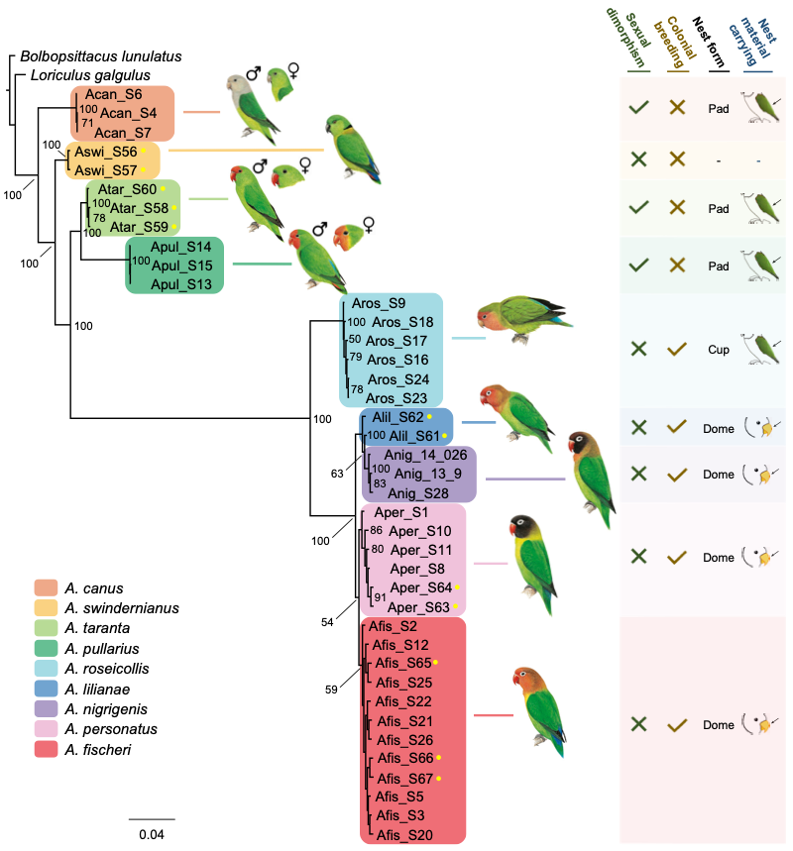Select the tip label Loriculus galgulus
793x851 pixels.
click(x=90, y=75)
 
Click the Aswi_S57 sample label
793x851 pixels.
click(x=104, y=168)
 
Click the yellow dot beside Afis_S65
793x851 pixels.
click(x=434, y=662)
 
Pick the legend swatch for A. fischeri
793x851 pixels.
click(x=46, y=750)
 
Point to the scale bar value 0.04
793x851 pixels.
click(x=151, y=834)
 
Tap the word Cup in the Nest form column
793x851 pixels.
click(x=719, y=350)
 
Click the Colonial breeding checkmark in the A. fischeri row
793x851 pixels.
click(x=678, y=725)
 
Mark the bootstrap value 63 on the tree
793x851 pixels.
click(x=338, y=474)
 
